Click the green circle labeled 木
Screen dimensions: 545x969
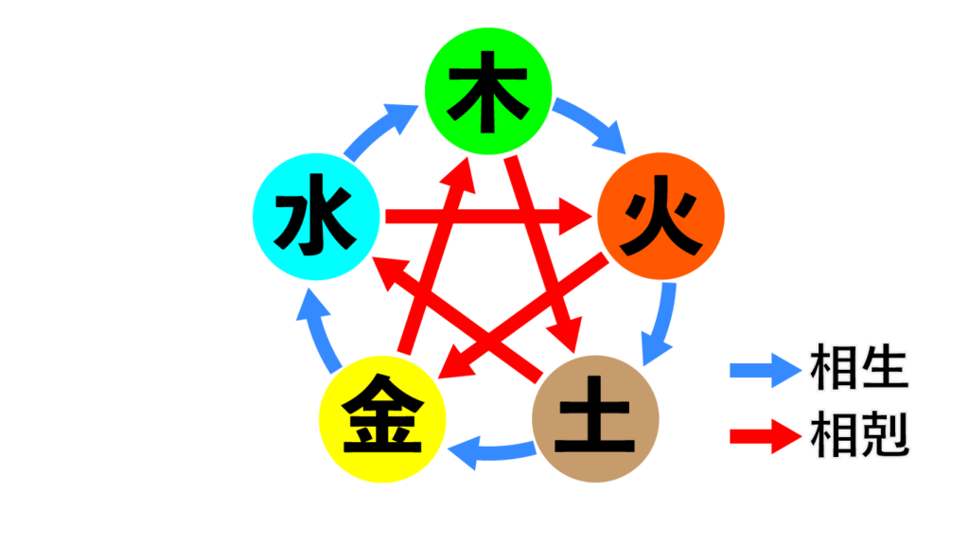point(486,92)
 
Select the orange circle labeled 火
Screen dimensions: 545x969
point(661,217)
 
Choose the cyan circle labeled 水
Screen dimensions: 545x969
point(316,217)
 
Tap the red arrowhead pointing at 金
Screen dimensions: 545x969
point(453,364)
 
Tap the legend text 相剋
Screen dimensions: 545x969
point(859,435)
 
